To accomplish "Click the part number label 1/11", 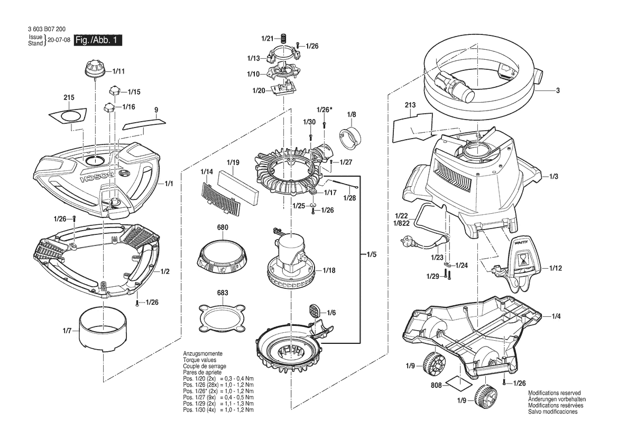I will click(118, 70).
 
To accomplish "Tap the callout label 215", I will click(69, 98).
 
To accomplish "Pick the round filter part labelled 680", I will click(222, 256).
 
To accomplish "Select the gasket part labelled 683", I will click(223, 317).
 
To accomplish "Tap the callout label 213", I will click(410, 105).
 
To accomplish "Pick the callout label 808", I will click(436, 386).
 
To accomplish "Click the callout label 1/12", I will click(555, 268).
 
